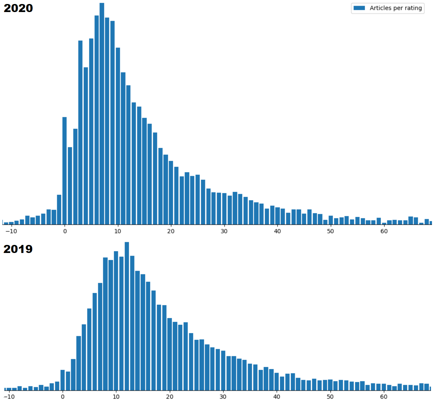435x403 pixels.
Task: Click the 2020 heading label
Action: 18,8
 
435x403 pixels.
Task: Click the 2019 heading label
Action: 18,249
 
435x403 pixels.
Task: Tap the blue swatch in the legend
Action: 359,8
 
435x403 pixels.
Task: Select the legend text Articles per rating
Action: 396,8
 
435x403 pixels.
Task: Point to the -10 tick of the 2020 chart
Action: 11,231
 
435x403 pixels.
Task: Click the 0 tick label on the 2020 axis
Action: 65,231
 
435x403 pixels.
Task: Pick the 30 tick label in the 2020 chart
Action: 224,231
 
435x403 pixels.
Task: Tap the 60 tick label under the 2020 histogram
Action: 384,231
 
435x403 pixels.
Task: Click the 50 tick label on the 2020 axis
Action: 331,231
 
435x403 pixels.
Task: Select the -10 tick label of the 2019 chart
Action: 9,397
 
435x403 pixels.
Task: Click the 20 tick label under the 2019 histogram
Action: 170,397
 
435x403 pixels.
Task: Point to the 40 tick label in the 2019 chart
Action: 277,397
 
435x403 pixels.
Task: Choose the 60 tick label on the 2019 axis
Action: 384,397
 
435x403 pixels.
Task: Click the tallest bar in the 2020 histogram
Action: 102,114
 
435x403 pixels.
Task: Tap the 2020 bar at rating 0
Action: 64,170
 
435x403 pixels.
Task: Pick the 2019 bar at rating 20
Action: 170,354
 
